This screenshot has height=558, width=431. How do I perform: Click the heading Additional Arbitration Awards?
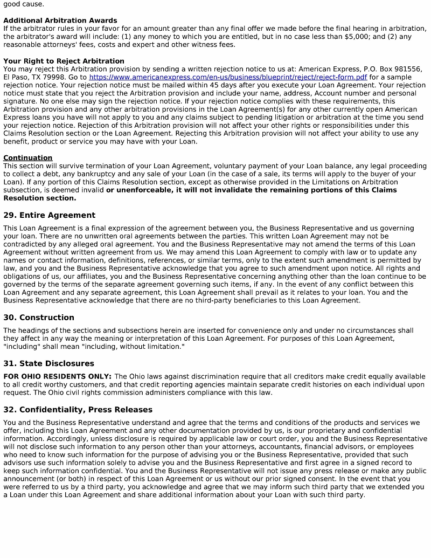coord(60,20)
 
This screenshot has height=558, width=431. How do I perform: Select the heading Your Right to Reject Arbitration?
coord(64,61)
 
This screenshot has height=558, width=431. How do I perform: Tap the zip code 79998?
coord(55,77)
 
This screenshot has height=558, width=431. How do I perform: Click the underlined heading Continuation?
coord(28,158)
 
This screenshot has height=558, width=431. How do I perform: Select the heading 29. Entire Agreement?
coord(50,215)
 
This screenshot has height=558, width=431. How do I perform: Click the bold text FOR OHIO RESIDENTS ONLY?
coord(58,376)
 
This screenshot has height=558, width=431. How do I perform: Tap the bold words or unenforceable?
coord(138,190)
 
